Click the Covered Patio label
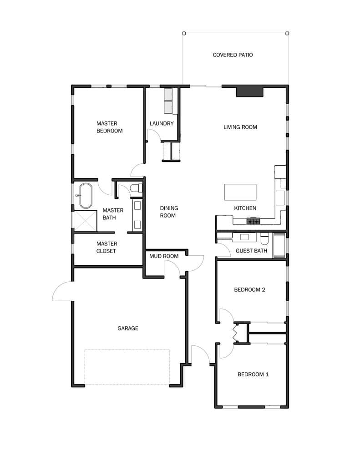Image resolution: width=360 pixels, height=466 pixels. click(233, 55)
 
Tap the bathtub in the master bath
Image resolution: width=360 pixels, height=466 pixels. click(86, 196)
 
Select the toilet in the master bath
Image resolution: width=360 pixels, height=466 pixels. click(137, 188)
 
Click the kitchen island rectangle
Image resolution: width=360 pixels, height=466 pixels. click(240, 192)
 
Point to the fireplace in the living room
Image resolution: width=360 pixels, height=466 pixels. click(250, 91)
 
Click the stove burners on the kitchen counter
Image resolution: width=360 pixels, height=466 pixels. click(254, 221)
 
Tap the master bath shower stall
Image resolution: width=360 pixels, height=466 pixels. click(85, 221)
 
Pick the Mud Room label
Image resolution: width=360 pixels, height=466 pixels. click(164, 256)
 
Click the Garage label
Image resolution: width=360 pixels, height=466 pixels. click(128, 329)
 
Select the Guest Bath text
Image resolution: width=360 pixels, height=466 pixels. click(251, 251)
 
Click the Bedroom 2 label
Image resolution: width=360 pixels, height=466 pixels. click(249, 290)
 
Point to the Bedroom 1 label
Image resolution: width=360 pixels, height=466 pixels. click(253, 375)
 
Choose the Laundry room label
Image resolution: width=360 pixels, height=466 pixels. click(162, 123)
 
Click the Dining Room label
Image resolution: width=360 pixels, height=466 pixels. click(169, 212)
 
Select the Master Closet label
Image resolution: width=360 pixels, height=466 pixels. click(106, 247)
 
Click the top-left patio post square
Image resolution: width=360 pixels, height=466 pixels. click(184, 33)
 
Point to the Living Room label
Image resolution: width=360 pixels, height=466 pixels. click(240, 127)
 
